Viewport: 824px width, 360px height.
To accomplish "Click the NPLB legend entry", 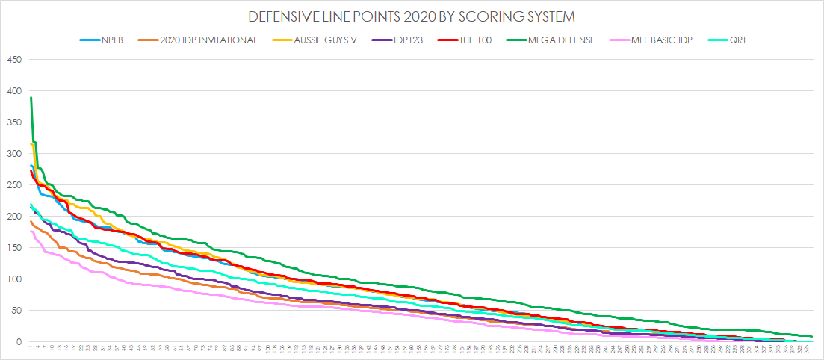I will coord(102,40).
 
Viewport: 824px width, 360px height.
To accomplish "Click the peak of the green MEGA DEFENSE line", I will coord(31,98).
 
